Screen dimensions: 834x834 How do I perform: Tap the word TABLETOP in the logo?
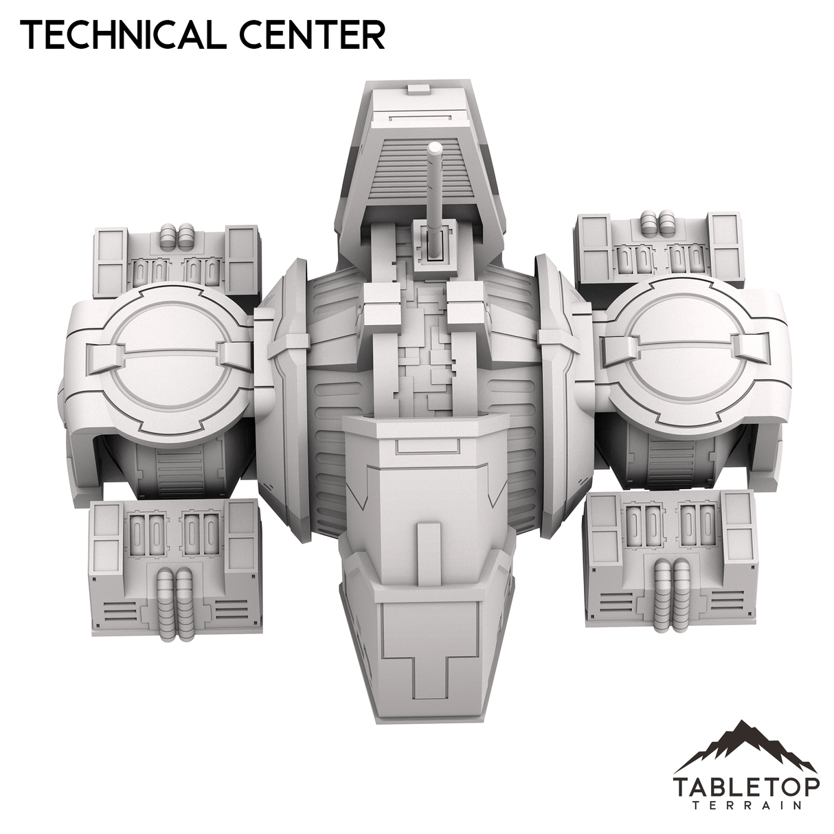745,785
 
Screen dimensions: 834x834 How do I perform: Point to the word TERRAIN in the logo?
745,804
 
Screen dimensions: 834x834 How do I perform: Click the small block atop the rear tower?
416,89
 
